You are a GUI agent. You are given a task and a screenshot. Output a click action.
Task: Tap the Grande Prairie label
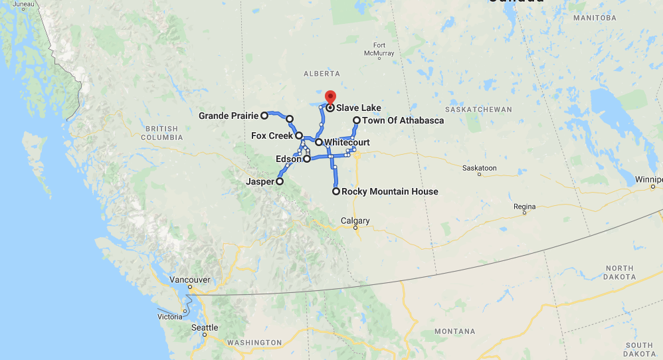(228, 116)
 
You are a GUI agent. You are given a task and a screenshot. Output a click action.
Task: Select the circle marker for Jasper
(280, 181)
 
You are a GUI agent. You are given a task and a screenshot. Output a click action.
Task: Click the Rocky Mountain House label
(390, 192)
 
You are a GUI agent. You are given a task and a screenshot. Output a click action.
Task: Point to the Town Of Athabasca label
(403, 121)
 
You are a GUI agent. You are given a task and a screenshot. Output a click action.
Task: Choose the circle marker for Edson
(307, 159)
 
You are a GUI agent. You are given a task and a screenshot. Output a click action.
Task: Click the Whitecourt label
(347, 143)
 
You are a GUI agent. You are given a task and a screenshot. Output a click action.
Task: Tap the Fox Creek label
(272, 136)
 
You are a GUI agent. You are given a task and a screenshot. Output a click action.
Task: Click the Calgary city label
(355, 221)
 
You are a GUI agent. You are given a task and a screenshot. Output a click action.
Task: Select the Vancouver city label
(189, 280)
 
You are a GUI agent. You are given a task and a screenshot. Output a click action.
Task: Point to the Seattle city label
(205, 327)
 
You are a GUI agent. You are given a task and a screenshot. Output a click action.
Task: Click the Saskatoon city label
(480, 169)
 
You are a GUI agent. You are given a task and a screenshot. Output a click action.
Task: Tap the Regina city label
(524, 207)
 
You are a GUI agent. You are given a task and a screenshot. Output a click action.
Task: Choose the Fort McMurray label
(379, 49)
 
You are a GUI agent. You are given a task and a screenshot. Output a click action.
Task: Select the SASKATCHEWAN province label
(479, 109)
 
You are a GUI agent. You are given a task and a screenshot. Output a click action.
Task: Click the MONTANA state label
(454, 331)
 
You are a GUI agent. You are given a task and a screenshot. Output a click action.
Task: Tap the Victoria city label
(169, 317)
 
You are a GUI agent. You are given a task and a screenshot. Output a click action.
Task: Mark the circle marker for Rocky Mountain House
(336, 192)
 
